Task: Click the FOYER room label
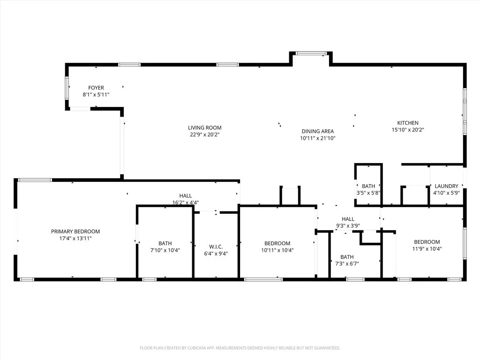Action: [96, 88]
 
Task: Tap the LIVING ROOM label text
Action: [204, 127]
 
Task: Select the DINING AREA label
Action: [317, 131]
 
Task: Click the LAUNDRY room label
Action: [446, 186]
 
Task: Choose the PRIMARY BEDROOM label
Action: [75, 231]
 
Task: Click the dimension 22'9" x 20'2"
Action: [204, 135]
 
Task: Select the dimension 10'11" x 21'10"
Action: [317, 138]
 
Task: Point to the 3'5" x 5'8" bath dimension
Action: [368, 193]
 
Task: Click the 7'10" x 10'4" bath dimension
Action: [165, 250]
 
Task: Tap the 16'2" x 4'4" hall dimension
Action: [185, 203]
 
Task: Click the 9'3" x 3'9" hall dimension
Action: [348, 225]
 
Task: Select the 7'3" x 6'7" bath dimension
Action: [347, 264]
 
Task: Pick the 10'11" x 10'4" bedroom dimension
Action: [277, 250]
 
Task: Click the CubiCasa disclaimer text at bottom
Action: [240, 348]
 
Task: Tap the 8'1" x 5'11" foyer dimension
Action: [96, 95]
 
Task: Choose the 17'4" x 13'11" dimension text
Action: [75, 239]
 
